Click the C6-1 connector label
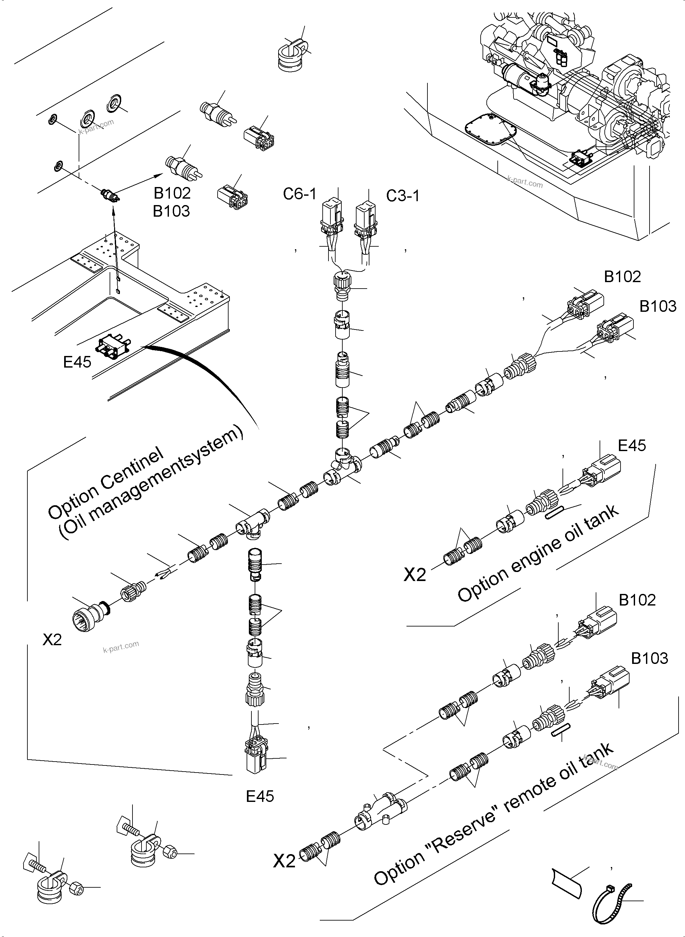tap(299, 194)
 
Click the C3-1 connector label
tap(403, 196)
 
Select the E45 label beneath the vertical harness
tap(260, 796)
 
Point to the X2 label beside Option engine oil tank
tap(415, 575)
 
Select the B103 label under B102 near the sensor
tap(171, 211)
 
